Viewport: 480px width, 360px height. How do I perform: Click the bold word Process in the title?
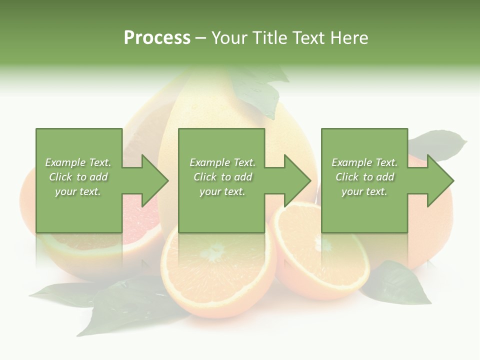157,38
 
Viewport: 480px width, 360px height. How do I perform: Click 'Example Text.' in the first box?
78,162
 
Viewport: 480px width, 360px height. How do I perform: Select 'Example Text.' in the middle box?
222,162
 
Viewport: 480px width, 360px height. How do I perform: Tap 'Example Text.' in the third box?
364,162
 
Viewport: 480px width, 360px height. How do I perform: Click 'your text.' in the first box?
78,191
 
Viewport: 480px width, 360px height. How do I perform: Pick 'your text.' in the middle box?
222,191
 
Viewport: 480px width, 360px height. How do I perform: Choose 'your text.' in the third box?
364,191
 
